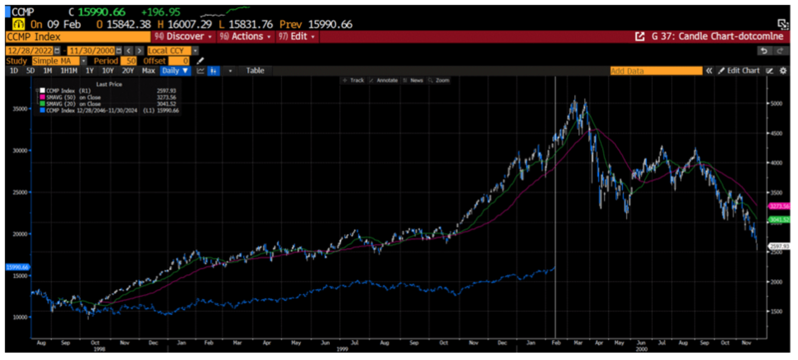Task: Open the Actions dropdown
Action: coord(246,37)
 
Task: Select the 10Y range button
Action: coord(108,71)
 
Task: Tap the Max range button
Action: coord(148,71)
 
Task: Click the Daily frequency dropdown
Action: coord(175,71)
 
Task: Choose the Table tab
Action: coord(255,71)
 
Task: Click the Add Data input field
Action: coord(655,71)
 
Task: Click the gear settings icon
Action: coord(783,71)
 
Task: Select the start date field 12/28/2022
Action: coord(30,50)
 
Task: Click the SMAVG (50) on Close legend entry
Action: coord(73,97)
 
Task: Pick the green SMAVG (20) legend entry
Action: coord(73,104)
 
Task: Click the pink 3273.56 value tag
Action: coord(779,206)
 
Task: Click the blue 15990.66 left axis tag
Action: coord(17,266)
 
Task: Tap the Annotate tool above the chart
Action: coord(385,81)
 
